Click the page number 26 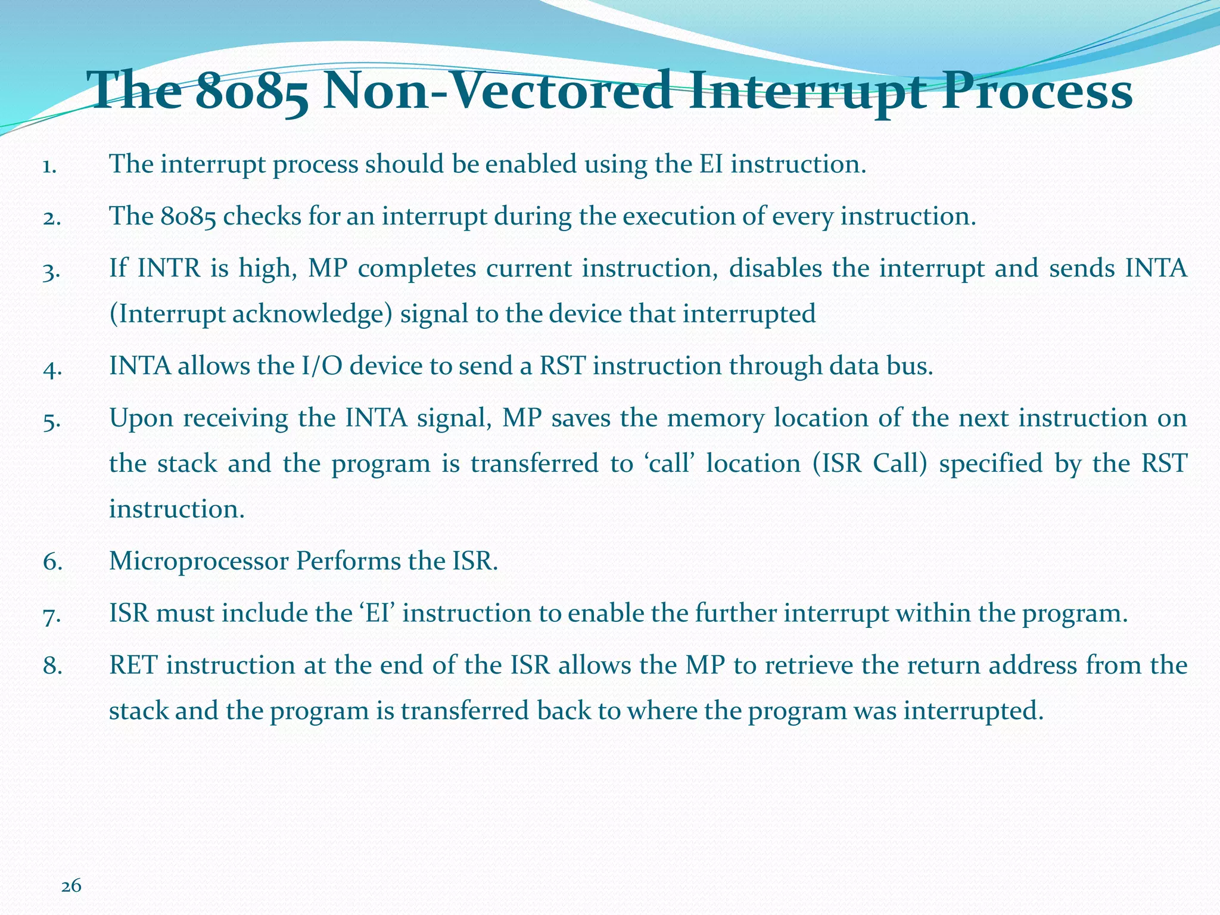point(71,886)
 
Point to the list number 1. point(49,166)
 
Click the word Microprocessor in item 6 point(199,561)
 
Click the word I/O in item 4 point(322,366)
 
